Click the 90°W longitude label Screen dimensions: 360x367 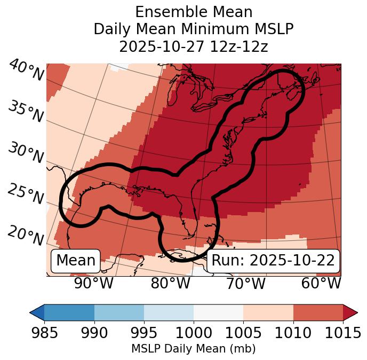coord(94,284)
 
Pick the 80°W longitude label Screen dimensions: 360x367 coord(170,284)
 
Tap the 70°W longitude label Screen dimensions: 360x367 coord(246,284)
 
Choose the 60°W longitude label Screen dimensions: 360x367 coord(321,284)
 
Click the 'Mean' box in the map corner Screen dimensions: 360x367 coord(76,261)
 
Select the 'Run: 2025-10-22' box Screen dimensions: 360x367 coord(273,261)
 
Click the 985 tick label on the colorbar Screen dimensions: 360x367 coord(44,333)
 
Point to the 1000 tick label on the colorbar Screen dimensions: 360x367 coord(194,333)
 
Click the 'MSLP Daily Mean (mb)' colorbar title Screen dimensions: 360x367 coord(193,349)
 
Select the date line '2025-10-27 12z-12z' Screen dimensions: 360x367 coord(193,46)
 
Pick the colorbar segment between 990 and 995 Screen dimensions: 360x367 coord(119,312)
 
